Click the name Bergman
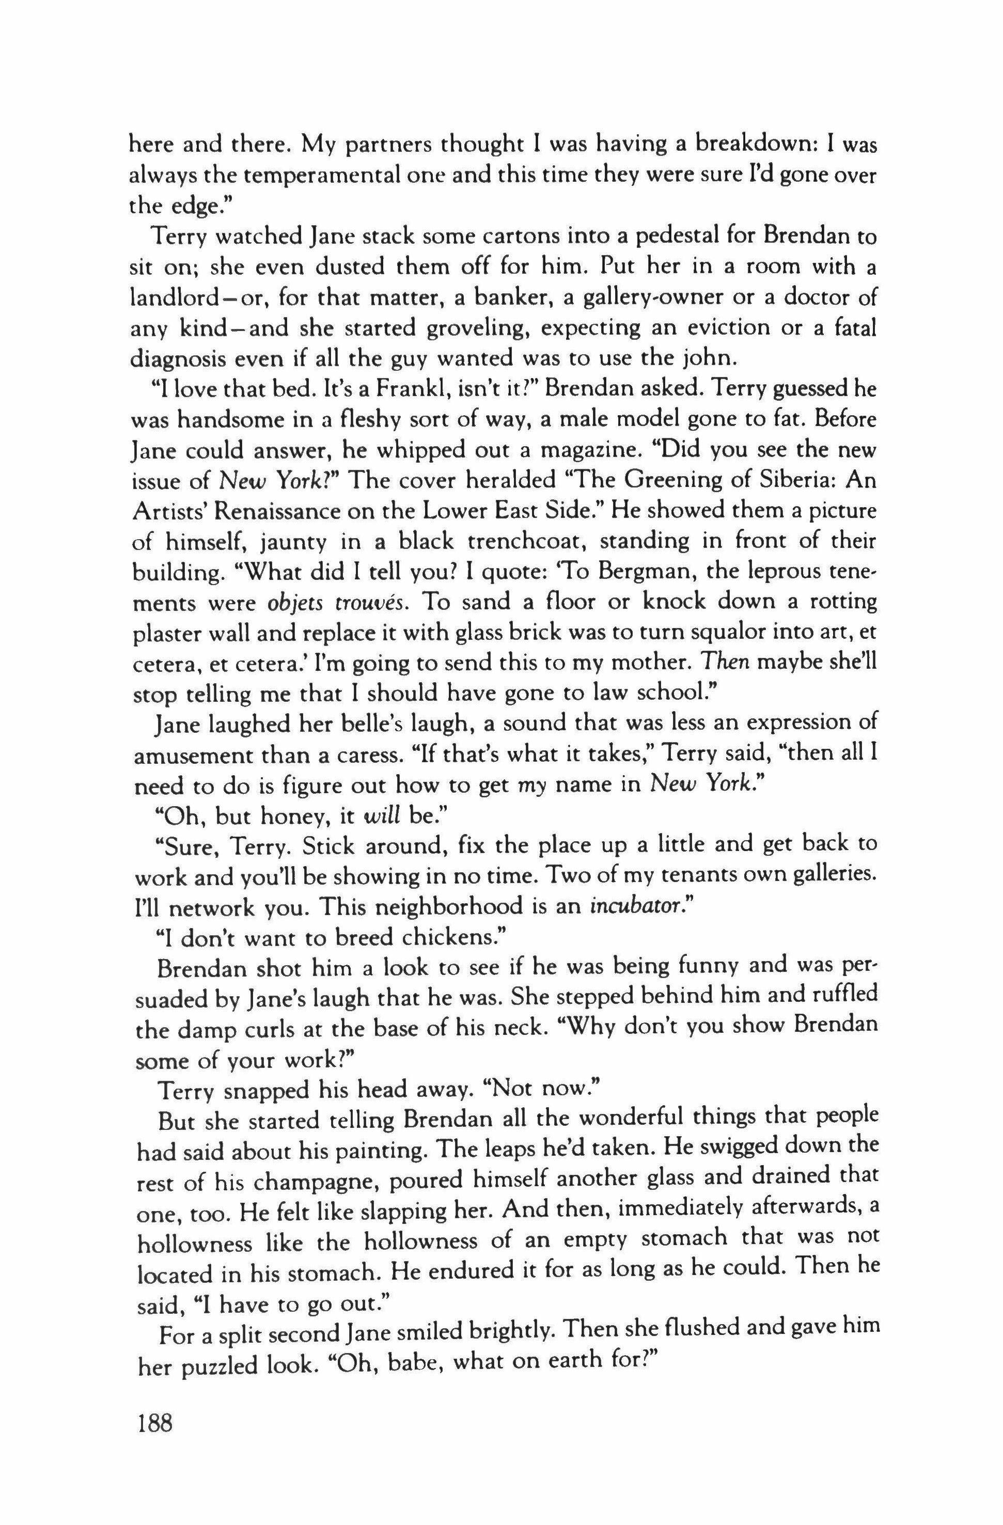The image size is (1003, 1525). tap(635, 573)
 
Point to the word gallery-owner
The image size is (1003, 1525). tap(663, 298)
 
